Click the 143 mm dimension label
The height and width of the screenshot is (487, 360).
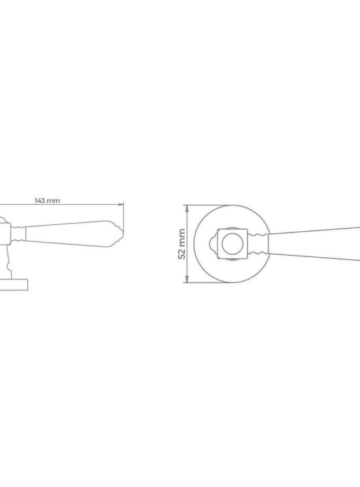[47, 201]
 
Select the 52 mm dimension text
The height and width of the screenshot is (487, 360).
[182, 244]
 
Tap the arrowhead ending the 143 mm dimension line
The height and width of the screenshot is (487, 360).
[122, 205]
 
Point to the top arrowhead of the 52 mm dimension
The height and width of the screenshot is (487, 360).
[187, 208]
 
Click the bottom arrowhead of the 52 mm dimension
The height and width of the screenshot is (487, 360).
[187, 280]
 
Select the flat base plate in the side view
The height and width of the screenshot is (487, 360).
[14, 285]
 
